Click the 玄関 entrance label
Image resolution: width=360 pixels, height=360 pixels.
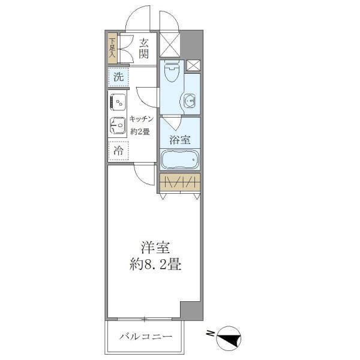(x=144, y=49)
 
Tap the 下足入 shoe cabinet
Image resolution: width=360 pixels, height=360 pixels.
(x=112, y=49)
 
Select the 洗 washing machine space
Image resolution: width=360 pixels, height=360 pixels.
(x=118, y=77)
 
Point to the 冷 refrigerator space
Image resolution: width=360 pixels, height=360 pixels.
(x=118, y=151)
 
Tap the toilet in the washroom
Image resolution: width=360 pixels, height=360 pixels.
(x=172, y=73)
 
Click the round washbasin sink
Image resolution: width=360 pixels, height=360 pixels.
(x=191, y=101)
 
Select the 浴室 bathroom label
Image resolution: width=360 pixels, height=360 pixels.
(x=180, y=140)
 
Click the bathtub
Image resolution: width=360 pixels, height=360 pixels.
(x=180, y=160)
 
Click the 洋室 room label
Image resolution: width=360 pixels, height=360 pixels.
(x=154, y=248)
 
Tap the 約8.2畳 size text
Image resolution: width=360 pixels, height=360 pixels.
(x=154, y=263)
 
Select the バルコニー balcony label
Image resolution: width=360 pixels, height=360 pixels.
(x=145, y=336)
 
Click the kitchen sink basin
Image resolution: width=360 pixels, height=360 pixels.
(x=116, y=126)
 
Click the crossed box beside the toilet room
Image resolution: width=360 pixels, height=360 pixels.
(x=193, y=66)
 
